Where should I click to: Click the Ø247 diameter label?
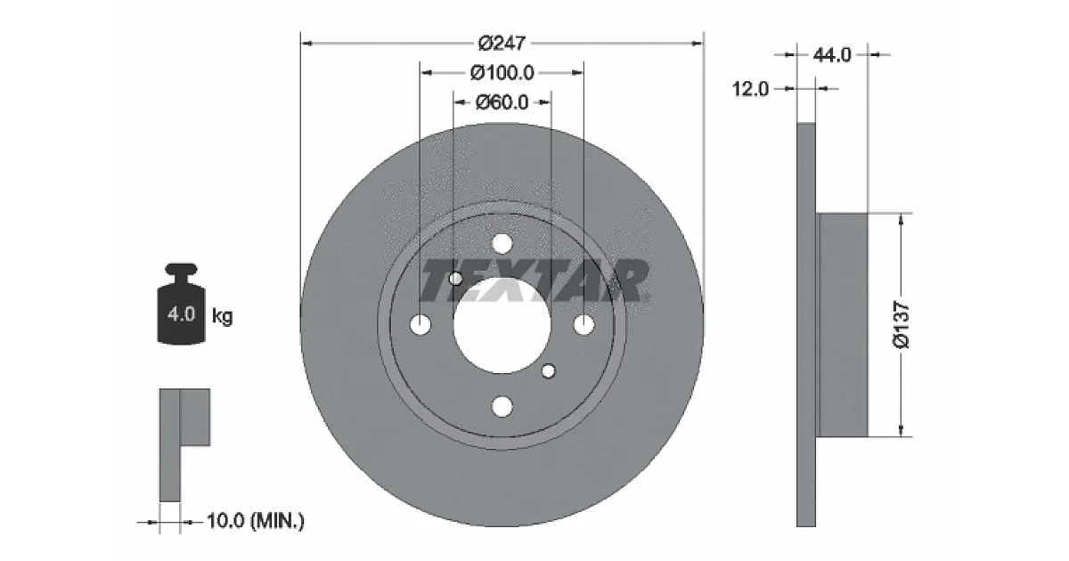point(502,44)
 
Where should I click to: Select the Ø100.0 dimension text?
point(502,73)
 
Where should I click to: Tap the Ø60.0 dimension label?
point(502,102)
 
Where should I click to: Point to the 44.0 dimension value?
point(832,55)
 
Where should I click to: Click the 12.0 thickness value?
point(750,89)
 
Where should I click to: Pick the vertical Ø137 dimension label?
point(902,324)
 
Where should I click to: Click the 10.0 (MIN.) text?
point(256,520)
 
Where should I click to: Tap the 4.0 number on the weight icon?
point(182,314)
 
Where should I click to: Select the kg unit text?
point(223,316)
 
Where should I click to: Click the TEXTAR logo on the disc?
point(534,281)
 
